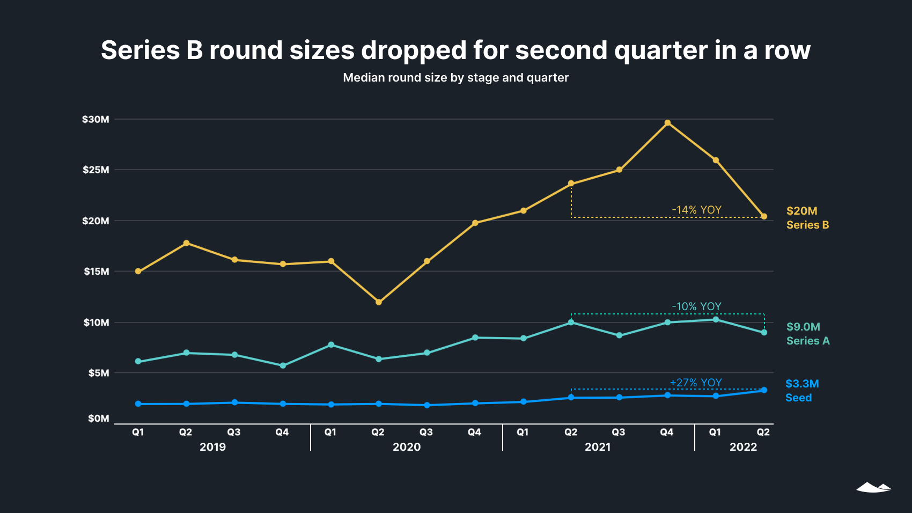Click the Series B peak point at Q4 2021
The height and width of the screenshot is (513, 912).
(x=667, y=123)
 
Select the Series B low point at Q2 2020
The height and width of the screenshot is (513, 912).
(x=379, y=302)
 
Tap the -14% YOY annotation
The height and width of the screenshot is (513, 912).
(x=696, y=210)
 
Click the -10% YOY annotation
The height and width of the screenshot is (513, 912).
(x=696, y=306)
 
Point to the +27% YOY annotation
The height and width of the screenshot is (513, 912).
(x=696, y=383)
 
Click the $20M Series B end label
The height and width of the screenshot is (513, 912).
(x=807, y=218)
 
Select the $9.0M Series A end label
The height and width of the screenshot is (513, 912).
(x=807, y=334)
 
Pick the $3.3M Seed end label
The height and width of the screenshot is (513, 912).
(x=801, y=391)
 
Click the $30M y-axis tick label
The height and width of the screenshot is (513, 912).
(x=95, y=119)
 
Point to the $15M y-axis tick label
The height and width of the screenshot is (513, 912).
(x=96, y=271)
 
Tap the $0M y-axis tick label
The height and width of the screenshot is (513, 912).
(x=98, y=418)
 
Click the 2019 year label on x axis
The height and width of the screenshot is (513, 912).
(x=212, y=447)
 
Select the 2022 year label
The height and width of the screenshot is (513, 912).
(x=743, y=447)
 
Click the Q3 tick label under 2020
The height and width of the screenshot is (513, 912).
(x=426, y=432)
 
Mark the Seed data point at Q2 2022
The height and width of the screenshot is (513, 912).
(x=764, y=390)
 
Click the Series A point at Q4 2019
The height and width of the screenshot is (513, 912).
(x=283, y=365)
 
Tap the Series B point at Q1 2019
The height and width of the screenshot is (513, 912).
(x=138, y=271)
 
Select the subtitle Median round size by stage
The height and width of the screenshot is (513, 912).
(x=455, y=78)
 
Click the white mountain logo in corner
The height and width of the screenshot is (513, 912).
(x=873, y=487)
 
